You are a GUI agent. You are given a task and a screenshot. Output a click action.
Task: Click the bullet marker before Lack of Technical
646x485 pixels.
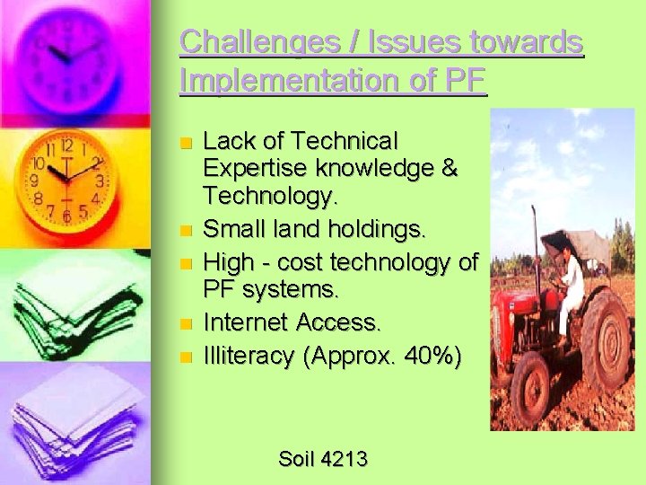[186, 143]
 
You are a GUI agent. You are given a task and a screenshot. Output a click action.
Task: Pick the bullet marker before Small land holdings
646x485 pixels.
[186, 231]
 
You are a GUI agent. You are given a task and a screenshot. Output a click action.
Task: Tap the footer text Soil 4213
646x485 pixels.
[323, 459]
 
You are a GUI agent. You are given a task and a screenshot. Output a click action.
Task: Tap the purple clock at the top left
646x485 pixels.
[72, 49]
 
